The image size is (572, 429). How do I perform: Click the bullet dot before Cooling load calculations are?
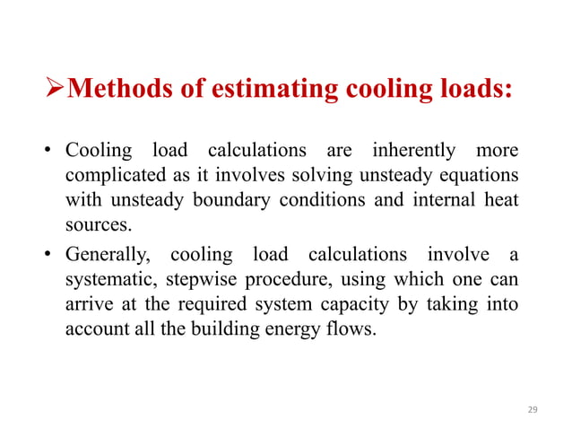(53, 150)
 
